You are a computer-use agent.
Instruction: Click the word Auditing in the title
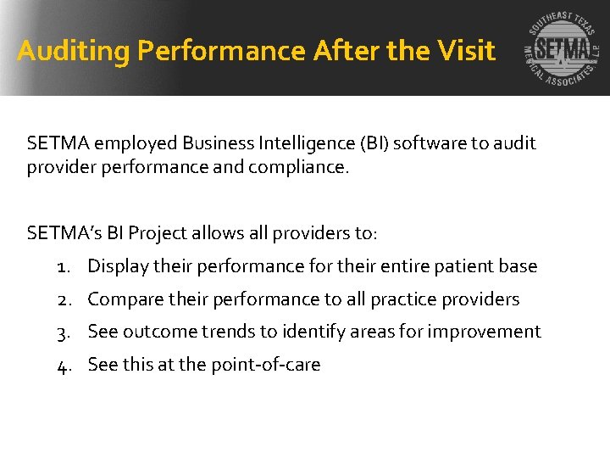pyautogui.click(x=74, y=52)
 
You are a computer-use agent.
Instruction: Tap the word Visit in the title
pyautogui.click(x=466, y=52)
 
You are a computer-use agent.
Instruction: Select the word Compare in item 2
pyautogui.click(x=125, y=299)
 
